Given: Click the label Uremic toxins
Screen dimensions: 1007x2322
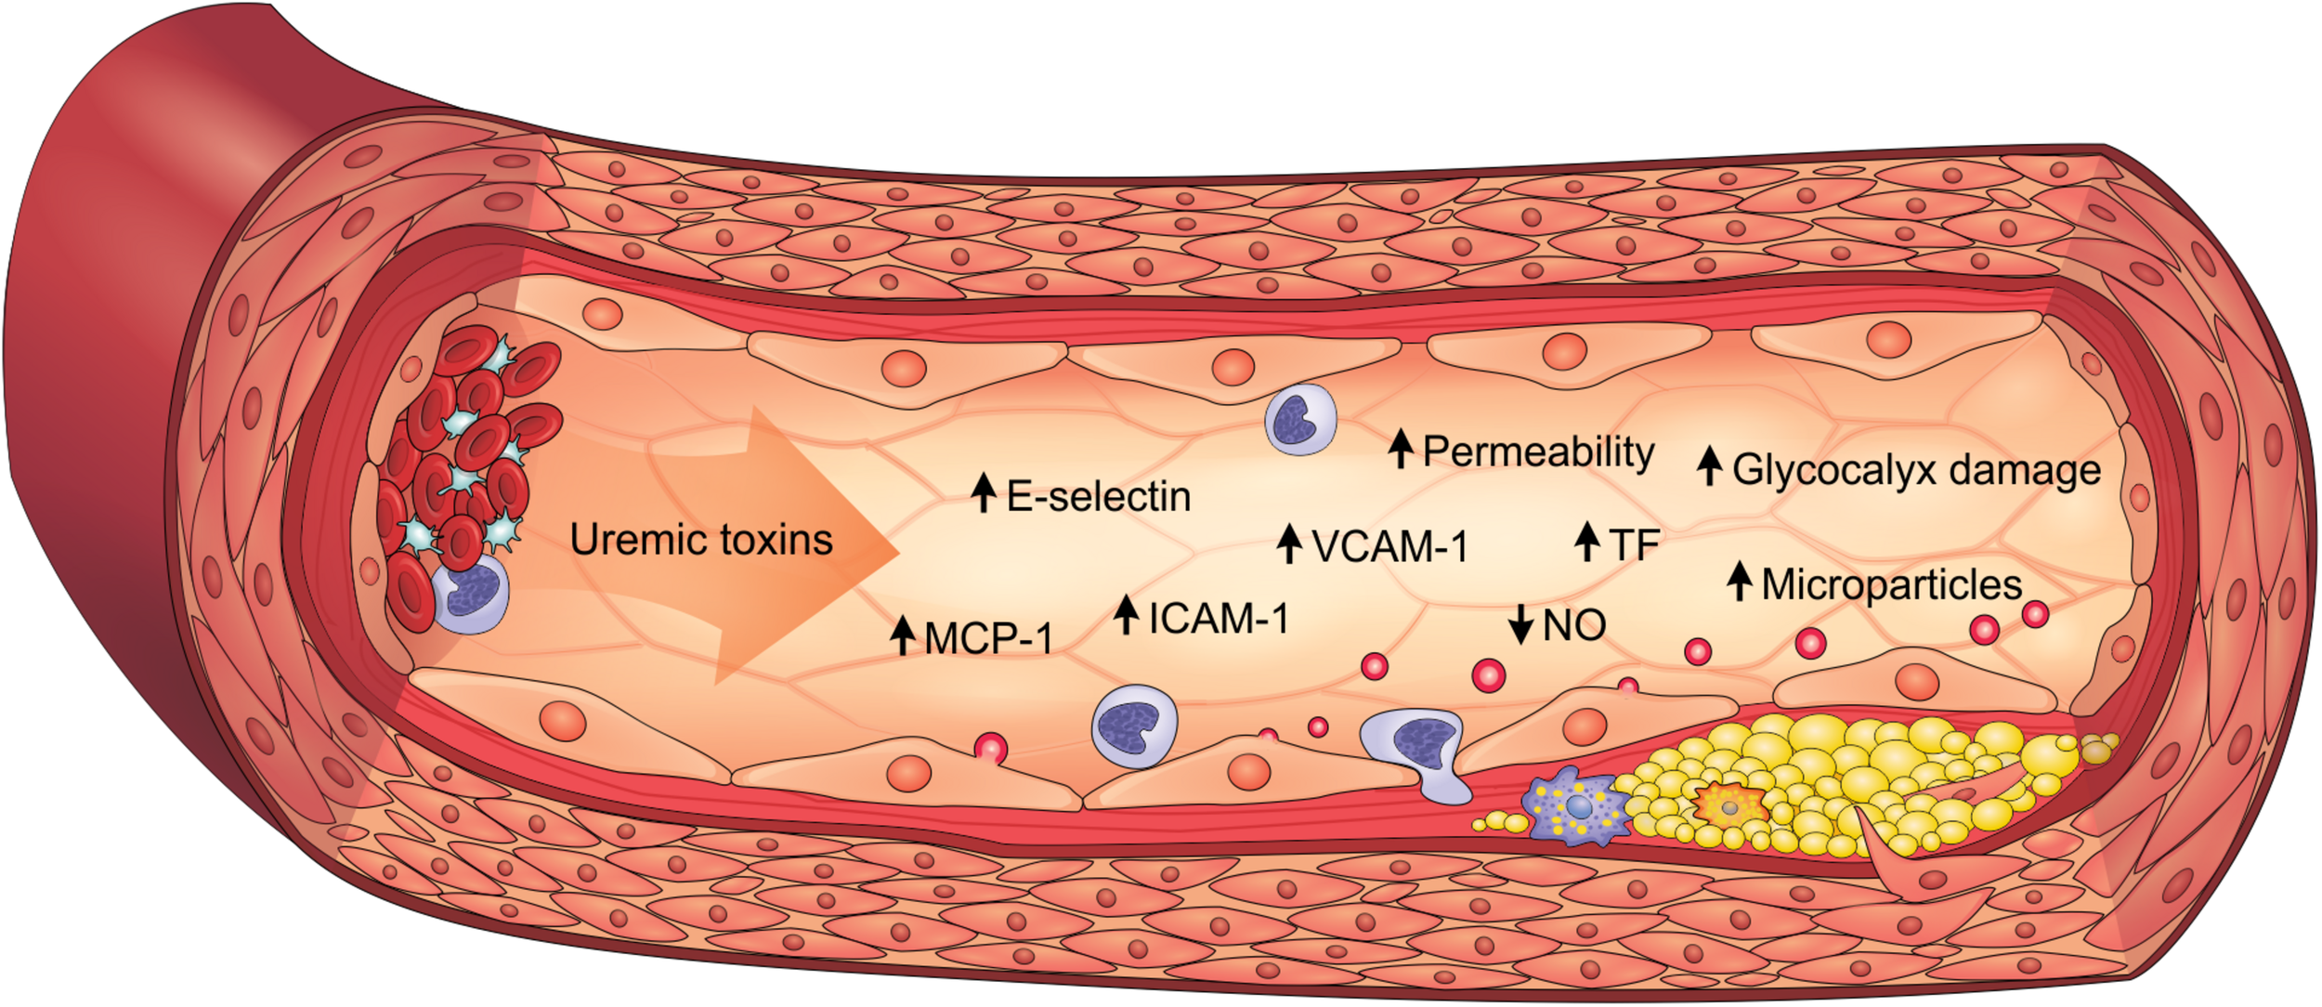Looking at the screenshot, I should tap(701, 540).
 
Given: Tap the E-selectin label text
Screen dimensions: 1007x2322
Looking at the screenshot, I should tap(1098, 496).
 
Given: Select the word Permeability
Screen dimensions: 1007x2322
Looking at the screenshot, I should tap(1538, 451).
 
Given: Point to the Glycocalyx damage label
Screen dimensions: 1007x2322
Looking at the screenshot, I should tap(1916, 469).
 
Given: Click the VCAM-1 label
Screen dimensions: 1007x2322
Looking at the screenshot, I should tap(1389, 546).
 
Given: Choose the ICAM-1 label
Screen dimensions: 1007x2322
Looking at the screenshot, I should tap(1219, 619).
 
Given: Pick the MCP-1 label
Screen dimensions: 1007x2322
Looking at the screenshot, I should tap(988, 638).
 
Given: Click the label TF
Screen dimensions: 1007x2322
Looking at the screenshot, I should tap(1634, 544).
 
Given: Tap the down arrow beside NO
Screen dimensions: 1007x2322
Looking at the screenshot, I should tap(1520, 624).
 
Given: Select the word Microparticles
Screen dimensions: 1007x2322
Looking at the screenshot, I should tap(1891, 584).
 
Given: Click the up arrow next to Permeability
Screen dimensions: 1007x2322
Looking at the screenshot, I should tap(1401, 449).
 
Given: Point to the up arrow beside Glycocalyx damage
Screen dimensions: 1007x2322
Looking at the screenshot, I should tap(1709, 466).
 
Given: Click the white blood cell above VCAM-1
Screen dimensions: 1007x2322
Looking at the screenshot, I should tap(1300, 421).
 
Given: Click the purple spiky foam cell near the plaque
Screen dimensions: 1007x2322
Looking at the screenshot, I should tap(1576, 805).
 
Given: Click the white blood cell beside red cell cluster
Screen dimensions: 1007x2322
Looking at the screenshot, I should tap(472, 595).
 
